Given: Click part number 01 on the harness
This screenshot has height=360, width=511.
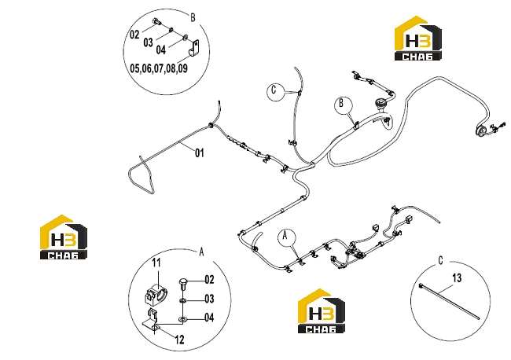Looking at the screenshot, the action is click(x=200, y=152).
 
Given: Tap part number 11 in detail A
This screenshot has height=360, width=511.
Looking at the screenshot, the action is click(x=156, y=263).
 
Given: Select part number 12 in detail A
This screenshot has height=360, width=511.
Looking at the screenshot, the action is click(x=179, y=340).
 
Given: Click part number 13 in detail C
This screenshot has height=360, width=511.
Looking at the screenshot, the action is click(x=457, y=278).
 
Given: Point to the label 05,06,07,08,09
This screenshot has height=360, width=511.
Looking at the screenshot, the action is click(x=159, y=68).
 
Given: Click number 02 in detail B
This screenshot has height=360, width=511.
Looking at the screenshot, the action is click(x=134, y=35).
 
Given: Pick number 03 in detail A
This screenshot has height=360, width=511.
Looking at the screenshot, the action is click(x=209, y=299).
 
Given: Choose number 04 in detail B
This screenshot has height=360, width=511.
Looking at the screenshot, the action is click(x=160, y=50).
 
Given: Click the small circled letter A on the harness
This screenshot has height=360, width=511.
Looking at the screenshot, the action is click(x=286, y=237).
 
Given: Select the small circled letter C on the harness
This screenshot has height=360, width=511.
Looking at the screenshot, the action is click(x=275, y=90).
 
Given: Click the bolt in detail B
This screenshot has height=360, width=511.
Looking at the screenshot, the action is click(x=156, y=22).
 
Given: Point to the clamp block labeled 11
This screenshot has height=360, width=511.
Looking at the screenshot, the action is click(x=155, y=293).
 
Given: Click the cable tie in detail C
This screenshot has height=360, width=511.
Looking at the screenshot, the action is click(x=449, y=302).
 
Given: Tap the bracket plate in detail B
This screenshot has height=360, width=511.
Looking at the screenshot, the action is click(x=194, y=48).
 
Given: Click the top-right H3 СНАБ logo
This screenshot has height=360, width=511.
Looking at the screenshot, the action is click(x=418, y=38).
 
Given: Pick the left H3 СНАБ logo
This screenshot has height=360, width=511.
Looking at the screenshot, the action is click(x=64, y=237).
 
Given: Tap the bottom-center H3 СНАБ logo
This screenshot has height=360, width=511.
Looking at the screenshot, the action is click(x=322, y=310).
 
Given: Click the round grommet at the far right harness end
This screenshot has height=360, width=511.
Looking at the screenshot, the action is click(x=480, y=130).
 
